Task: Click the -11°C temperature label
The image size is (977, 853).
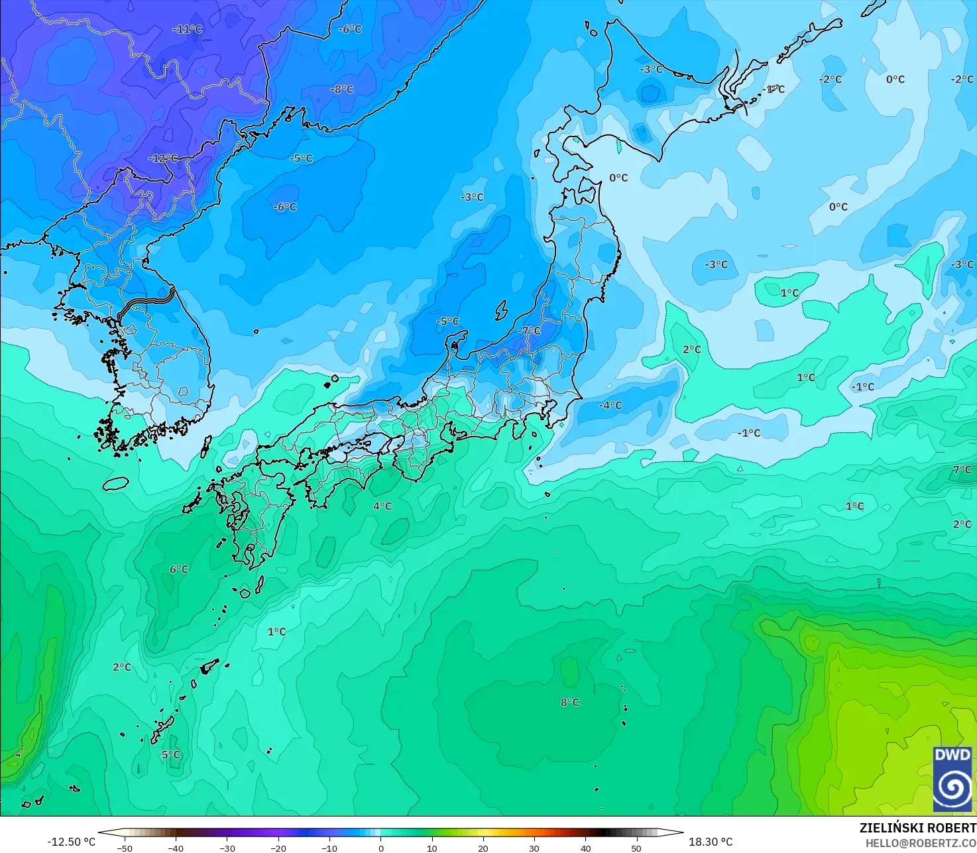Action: click(188, 30)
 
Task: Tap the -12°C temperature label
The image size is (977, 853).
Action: click(163, 158)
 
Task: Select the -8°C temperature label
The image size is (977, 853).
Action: click(342, 89)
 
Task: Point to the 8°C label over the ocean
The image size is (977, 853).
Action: click(570, 703)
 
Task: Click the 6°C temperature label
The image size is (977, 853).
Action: click(179, 569)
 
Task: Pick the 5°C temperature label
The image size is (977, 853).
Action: click(170, 754)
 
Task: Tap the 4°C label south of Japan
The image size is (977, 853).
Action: click(382, 506)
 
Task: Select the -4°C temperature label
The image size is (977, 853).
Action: click(610, 405)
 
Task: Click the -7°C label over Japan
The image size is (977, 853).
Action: click(530, 331)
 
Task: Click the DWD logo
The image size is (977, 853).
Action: click(952, 778)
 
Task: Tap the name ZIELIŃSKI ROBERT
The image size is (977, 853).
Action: click(917, 828)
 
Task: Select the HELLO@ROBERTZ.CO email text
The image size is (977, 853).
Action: click(921, 842)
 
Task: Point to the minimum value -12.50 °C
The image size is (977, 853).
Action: click(71, 842)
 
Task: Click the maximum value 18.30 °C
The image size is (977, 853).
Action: click(711, 842)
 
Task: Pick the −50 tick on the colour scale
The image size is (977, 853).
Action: click(124, 848)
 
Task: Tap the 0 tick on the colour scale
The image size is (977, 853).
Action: click(380, 848)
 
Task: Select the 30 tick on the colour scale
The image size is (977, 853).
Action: click(534, 848)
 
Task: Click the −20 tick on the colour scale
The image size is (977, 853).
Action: click(278, 848)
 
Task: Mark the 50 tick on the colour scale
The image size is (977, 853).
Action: click(636, 848)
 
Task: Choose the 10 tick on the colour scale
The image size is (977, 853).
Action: click(431, 848)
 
